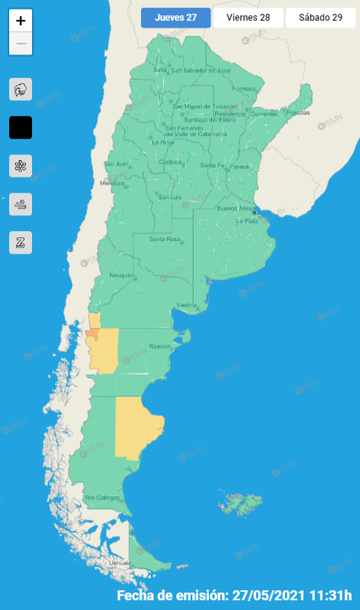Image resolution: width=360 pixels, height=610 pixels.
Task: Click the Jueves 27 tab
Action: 175,18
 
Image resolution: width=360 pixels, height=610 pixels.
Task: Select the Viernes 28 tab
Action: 248,18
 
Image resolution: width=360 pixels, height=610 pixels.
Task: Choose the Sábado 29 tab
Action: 320,18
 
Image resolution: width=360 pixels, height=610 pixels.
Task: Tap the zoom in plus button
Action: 21,21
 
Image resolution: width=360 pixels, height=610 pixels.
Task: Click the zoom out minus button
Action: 21,43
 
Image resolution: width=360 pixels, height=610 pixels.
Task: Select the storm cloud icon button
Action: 21,90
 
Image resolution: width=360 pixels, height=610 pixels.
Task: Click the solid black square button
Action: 21,127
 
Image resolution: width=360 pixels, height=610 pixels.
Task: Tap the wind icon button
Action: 21,204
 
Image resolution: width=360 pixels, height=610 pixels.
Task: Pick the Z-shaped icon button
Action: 21,242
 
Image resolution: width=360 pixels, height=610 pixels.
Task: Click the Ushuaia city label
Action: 121,562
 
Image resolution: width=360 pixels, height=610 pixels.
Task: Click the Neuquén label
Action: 122,274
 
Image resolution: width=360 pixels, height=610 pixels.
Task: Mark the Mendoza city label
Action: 112,183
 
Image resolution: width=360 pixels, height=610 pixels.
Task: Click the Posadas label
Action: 299,113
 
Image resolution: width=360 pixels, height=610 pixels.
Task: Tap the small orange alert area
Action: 92,333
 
